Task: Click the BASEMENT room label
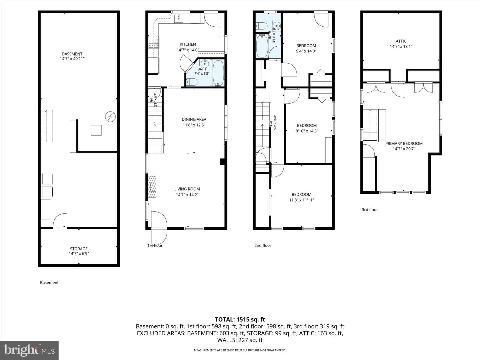coord(72,54)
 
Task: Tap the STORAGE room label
coord(79,249)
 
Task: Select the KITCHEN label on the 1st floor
coord(188,44)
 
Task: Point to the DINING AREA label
coord(194,119)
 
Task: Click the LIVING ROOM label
coord(187,189)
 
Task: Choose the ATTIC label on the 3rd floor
coord(401,41)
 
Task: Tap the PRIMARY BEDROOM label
coord(404,143)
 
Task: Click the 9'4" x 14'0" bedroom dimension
coord(306,51)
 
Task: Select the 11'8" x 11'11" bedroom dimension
coord(301,200)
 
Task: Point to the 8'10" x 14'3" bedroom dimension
coord(307,131)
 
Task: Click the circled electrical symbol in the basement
coord(110,117)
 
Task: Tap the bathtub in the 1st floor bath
coord(218,73)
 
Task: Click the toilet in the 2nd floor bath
coord(261,26)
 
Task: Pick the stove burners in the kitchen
coord(154,42)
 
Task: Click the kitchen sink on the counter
coord(179,18)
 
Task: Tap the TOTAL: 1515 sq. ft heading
coord(240,320)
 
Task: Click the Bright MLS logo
coord(29,350)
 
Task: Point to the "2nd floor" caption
coord(263,245)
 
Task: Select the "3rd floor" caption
coord(370,210)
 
